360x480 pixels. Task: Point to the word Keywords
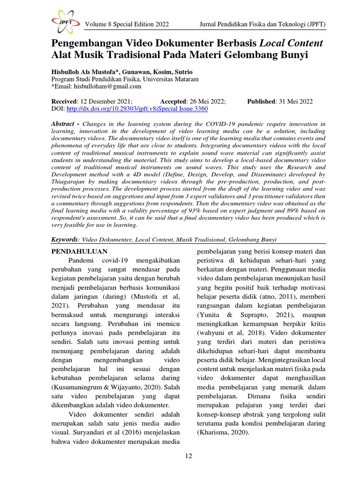click(64, 240)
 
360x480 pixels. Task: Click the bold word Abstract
click(63, 123)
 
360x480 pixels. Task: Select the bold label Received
click(64, 101)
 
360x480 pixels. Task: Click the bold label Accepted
click(173, 101)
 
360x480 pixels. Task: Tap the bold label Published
click(261, 101)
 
